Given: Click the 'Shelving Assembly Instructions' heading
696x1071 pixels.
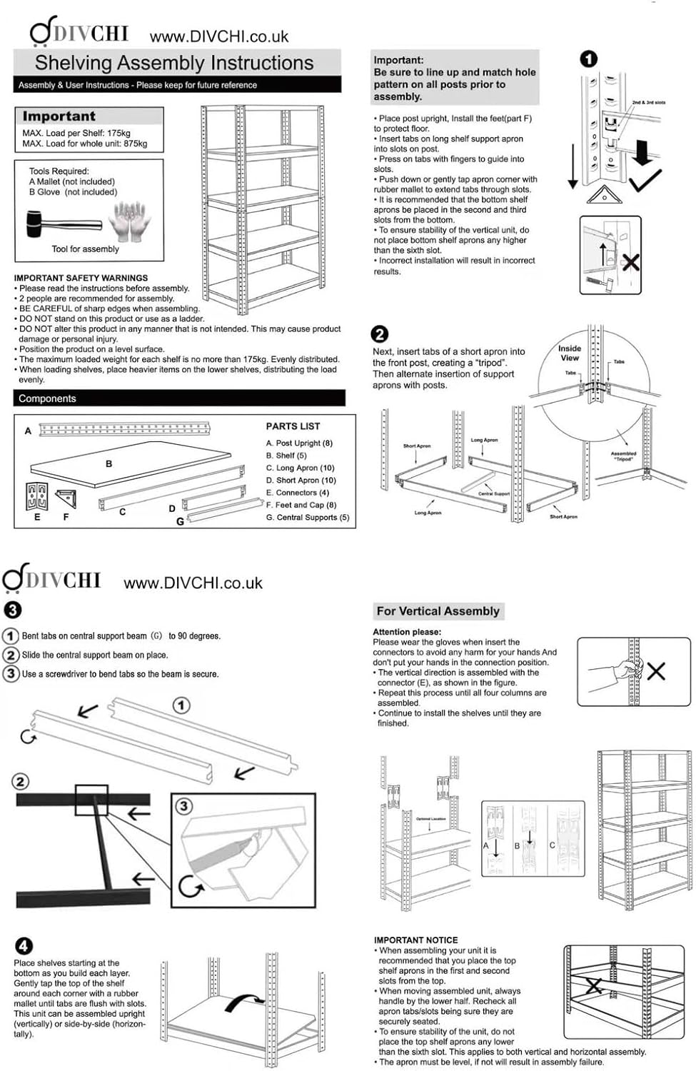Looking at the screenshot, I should pos(174,63).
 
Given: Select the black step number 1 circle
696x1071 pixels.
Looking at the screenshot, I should pos(588,59).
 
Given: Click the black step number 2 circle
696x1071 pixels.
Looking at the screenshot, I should pos(380,333).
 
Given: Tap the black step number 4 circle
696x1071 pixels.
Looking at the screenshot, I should pos(24,945).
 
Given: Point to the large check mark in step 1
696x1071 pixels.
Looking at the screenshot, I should pos(645,180).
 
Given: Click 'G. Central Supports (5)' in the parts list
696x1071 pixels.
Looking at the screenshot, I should pos(307,517).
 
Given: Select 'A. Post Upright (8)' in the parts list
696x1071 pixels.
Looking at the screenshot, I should pos(299,443).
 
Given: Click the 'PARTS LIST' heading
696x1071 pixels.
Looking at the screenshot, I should pos(293,426).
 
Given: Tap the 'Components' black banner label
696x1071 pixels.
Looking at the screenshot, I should pos(47,398).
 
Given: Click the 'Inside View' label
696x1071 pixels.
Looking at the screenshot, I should pos(570,353).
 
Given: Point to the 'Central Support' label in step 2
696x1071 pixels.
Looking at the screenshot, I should pos(493,493).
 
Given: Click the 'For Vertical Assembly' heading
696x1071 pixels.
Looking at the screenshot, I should pos(438,611).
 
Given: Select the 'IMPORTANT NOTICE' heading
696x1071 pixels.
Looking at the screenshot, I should pos(415,940).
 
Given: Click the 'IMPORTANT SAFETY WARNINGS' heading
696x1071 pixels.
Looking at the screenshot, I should pos(81,278).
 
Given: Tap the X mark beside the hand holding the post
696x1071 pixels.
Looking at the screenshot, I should pos(655,670).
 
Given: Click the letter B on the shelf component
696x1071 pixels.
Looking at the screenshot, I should pos(109,463).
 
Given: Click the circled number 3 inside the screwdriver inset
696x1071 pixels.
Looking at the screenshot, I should pos(184,806).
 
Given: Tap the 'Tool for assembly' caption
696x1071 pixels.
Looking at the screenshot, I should pos(85,249).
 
